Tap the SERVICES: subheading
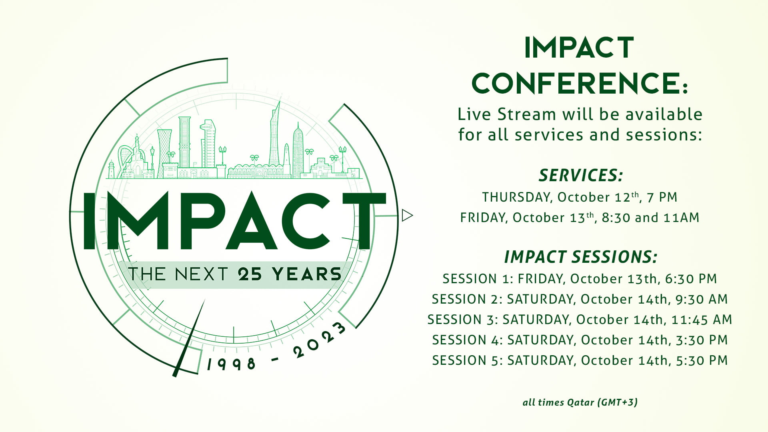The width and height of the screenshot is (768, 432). click(581, 175)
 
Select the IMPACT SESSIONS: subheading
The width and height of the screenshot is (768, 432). click(581, 257)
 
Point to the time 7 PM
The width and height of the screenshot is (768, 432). click(662, 197)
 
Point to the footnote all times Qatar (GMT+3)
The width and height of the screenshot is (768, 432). click(580, 402)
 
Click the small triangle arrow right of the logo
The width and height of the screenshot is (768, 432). click(407, 215)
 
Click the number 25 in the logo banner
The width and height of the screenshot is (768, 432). click(250, 274)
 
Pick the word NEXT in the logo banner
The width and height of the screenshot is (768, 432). click(201, 274)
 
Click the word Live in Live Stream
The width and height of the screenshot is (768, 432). click(474, 114)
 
